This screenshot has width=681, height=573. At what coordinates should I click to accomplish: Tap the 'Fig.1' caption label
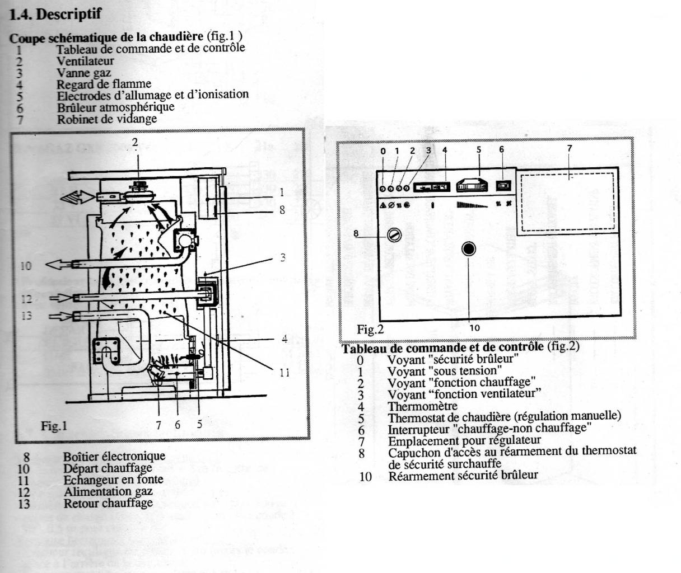[x=54, y=426]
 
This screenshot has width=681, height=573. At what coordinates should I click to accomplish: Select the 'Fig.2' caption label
[x=370, y=329]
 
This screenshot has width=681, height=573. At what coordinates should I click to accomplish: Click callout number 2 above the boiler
[x=134, y=143]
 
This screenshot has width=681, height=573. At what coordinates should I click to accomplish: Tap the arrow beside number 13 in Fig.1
[x=58, y=316]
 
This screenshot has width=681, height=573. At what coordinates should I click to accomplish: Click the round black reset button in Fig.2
[x=469, y=249]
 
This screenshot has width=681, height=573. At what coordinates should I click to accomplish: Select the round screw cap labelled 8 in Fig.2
[x=393, y=235]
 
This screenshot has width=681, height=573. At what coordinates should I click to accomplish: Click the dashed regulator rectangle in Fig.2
[x=567, y=202]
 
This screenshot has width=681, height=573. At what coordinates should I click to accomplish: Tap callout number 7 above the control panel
[x=570, y=148]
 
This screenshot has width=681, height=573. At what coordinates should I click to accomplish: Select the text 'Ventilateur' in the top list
[x=85, y=60]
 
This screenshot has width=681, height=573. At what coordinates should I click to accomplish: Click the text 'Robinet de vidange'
[x=106, y=119]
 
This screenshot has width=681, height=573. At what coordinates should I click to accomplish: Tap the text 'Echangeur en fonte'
[x=113, y=480]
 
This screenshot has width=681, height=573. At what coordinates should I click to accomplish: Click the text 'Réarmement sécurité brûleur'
[x=463, y=475]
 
